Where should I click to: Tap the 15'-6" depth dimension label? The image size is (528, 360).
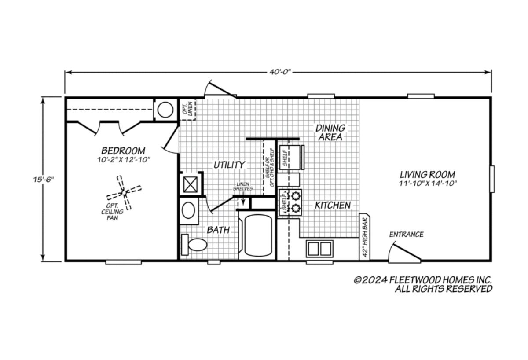coord(44,180)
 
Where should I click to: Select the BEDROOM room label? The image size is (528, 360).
coord(123,151)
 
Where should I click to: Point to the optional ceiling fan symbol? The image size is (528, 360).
coord(124,193)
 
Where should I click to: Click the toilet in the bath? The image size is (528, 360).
coord(194,245)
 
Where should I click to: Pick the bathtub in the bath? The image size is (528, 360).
coord(258,235)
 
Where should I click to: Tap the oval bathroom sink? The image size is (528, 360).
coord(188,210)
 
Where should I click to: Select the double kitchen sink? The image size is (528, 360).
coord(319,249)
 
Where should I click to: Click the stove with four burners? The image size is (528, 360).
coord(290,202)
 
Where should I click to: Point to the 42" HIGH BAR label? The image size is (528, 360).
coord(364,237)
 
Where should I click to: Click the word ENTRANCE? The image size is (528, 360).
coord(407,234)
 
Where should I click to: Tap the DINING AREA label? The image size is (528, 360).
coord(330,132)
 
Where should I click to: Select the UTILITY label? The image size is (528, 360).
coord(229,165)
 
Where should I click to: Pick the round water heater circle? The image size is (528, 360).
coord(165,110)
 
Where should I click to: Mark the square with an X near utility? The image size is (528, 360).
coord(190,184)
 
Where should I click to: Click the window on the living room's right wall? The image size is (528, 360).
coord(492,179)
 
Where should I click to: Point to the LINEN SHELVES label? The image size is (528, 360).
coord(243,186)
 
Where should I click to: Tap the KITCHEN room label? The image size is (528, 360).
coord(333,206)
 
